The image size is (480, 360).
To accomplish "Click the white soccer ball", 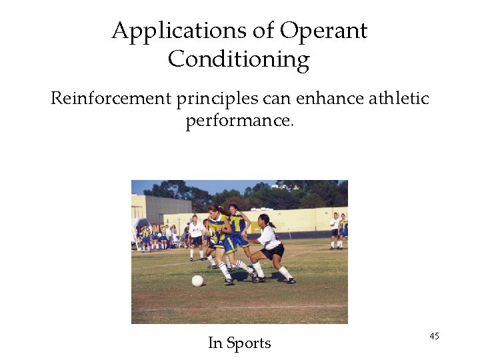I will click(x=197, y=281).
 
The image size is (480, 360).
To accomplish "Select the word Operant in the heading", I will click(x=323, y=31).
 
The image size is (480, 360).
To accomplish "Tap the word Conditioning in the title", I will click(x=239, y=60).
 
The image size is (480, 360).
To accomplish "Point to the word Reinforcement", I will click(x=111, y=99).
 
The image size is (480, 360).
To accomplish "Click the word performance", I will click(x=239, y=121).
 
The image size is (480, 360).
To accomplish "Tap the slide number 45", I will click(x=434, y=336).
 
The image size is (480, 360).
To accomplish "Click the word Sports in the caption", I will click(x=249, y=343).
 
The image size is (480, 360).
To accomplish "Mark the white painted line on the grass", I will click(x=240, y=308).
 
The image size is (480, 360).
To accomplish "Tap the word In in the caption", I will click(x=215, y=343).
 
